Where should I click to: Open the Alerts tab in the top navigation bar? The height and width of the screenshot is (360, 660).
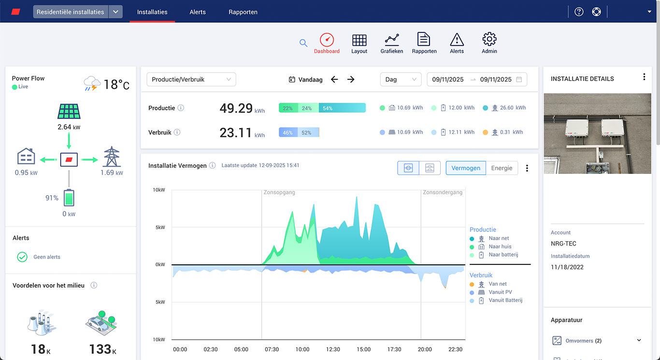coord(198,12)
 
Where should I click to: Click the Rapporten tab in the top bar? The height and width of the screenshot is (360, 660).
coord(243,12)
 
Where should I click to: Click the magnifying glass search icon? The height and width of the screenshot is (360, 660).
coord(303,43)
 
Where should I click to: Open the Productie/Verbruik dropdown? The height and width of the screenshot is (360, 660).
coord(191,79)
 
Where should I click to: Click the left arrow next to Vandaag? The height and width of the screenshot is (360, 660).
coord(334,79)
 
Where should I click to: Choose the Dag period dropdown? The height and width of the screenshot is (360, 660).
coord(401,79)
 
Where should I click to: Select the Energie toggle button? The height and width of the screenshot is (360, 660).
coord(502,168)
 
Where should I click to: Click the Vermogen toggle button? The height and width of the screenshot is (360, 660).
coord(466,168)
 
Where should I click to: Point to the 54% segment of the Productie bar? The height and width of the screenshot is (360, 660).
coord(342,108)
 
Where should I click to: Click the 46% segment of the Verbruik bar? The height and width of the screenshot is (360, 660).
coord(287,132)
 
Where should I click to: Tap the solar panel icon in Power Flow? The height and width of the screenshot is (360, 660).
coord(69,112)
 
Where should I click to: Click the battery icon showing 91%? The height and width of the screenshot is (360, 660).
coord(69,198)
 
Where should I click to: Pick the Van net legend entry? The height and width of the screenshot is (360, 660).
coord(498,284)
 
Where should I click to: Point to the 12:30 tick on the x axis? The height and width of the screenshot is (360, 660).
coord(333,349)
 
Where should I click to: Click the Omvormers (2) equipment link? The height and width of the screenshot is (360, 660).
coord(583,341)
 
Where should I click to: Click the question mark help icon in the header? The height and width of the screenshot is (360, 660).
coord(579,12)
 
